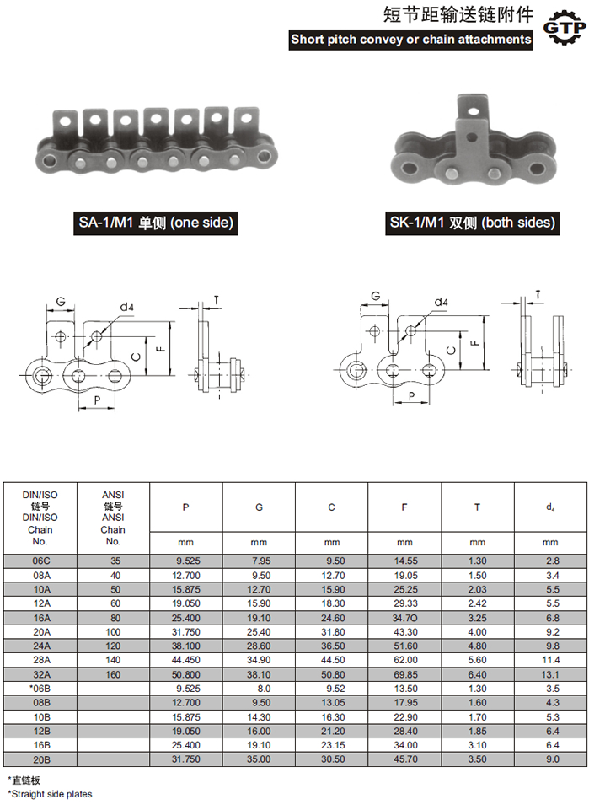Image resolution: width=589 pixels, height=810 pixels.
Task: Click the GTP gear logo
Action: (x=565, y=27)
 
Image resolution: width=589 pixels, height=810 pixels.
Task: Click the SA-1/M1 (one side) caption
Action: (x=156, y=223)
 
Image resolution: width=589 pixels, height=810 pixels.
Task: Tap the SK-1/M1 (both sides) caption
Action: (x=473, y=223)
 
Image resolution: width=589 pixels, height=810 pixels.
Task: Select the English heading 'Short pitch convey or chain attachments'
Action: (x=411, y=40)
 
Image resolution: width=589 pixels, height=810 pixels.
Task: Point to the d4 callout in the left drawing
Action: (x=126, y=308)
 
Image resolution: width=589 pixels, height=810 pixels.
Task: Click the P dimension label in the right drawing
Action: (x=411, y=395)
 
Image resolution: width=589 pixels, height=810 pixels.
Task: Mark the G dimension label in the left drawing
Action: (x=61, y=302)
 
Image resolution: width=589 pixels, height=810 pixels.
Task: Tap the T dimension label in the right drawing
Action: (x=538, y=294)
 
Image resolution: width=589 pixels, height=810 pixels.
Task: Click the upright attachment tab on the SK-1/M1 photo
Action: (x=471, y=123)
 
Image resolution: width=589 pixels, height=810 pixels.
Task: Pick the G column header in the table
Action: (x=259, y=507)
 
